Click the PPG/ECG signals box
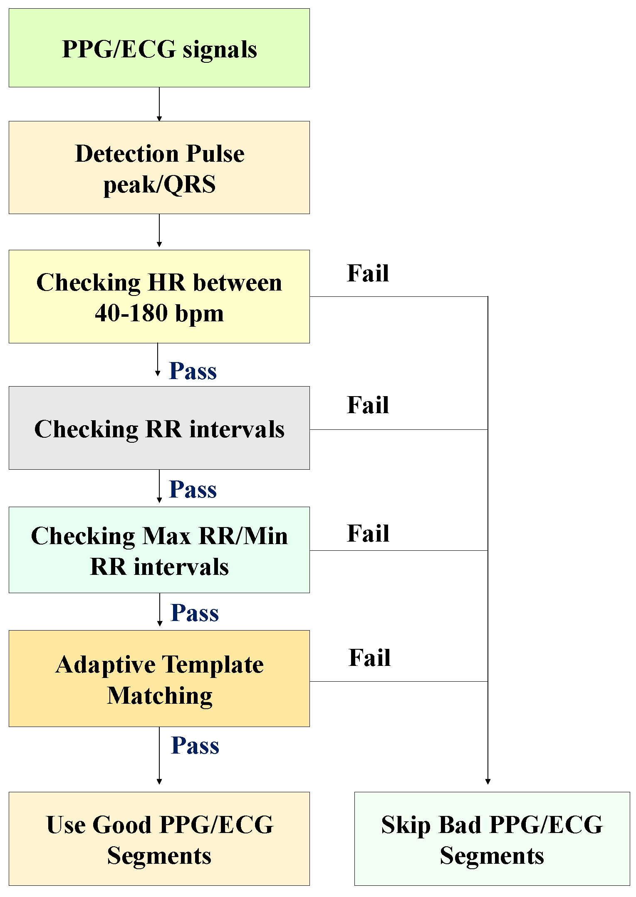159,48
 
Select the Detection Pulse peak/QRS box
159,168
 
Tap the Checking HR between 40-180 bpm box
159,296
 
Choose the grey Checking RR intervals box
159,428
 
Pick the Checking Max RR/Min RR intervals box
159,550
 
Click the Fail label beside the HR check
368,273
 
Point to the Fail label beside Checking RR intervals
368,405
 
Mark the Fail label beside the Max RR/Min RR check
368,533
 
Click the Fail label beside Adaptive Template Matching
369,658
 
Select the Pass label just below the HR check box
193,371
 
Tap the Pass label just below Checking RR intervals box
193,489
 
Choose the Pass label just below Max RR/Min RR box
195,613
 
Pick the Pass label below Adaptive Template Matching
195,745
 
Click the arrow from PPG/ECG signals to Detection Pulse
159,104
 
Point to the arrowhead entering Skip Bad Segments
488,781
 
